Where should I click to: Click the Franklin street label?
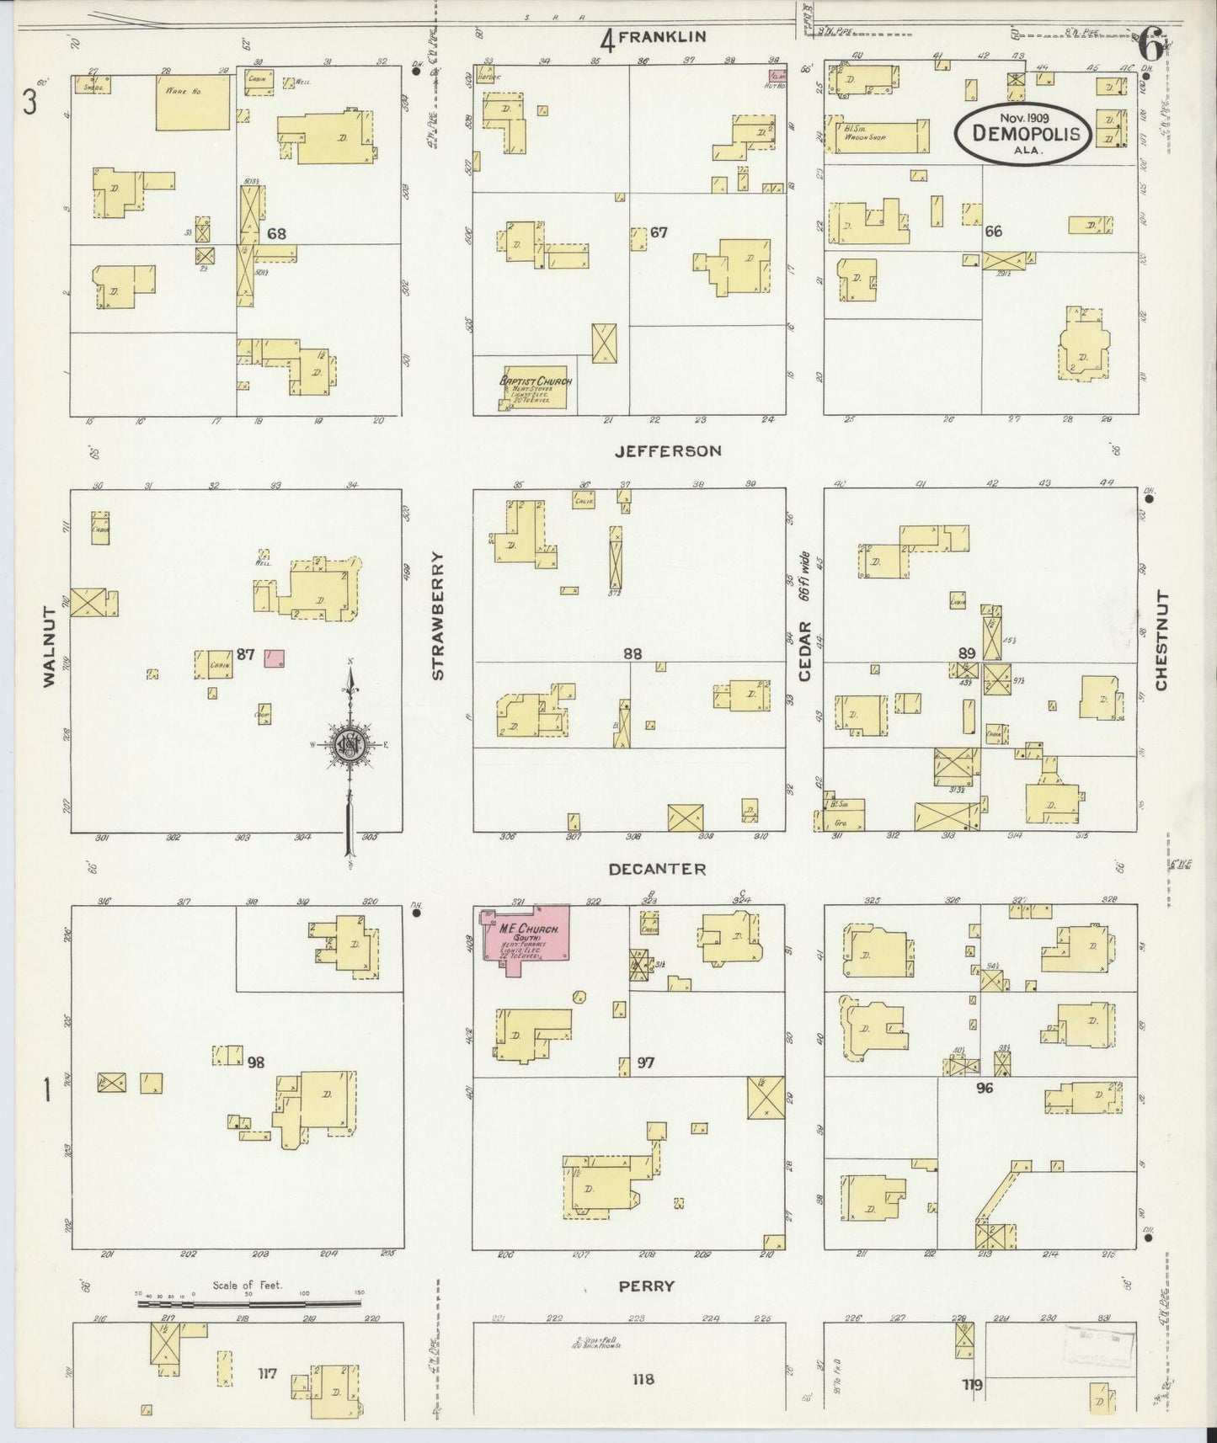pos(663,36)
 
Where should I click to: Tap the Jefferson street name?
pos(667,451)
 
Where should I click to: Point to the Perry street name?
pos(647,1286)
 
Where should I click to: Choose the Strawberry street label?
pos(436,615)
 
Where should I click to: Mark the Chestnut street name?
pos(1162,641)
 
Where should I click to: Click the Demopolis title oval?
pos(1022,133)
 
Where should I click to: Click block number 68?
pos(277,233)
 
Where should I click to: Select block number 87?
pos(245,652)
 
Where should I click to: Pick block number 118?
pos(643,1379)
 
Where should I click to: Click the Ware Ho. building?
pos(192,102)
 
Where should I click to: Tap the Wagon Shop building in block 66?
pos(878,136)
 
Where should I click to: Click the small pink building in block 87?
pos(274,658)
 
